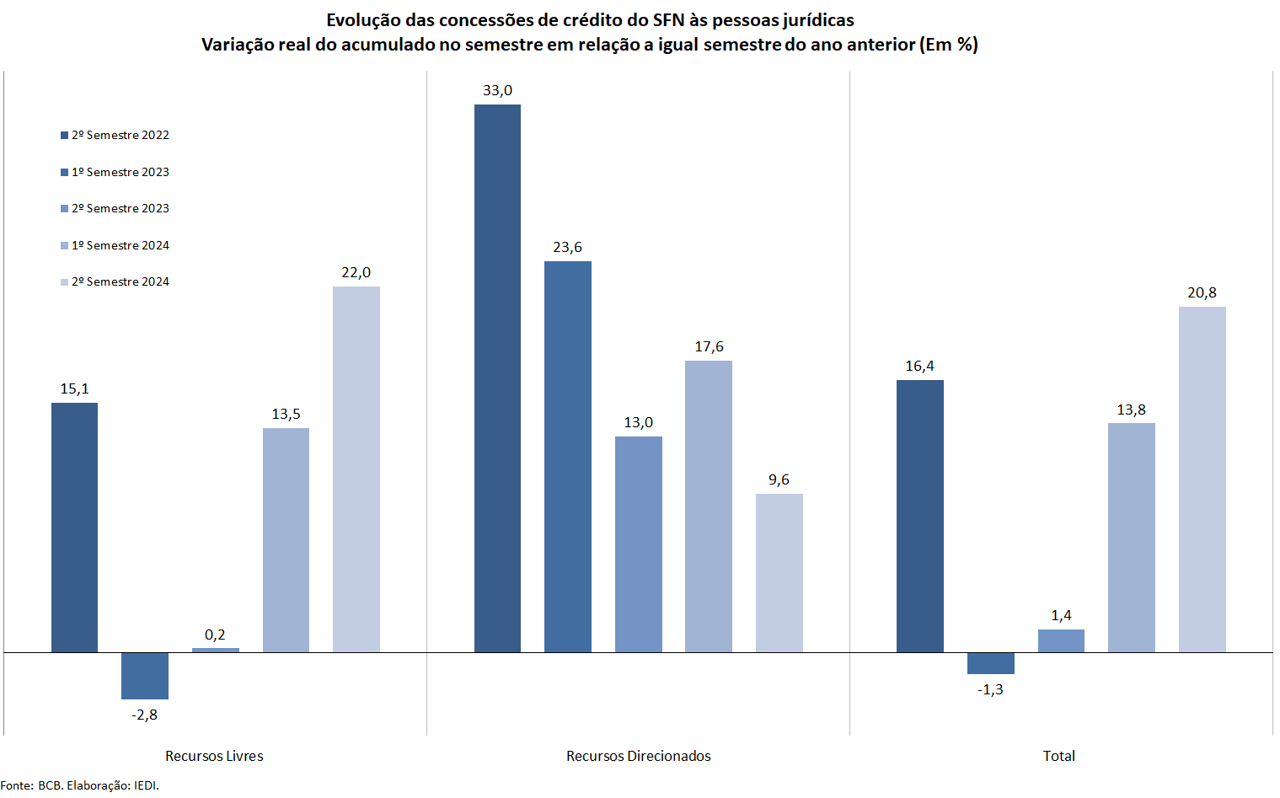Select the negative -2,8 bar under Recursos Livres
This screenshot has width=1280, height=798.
[x=145, y=676]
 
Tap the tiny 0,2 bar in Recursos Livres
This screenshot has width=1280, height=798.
[x=215, y=650]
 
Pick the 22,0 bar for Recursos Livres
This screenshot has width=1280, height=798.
[x=356, y=469]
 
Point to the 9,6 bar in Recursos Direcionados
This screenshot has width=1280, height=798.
[x=779, y=573]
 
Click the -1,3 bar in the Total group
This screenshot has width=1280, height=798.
[x=990, y=663]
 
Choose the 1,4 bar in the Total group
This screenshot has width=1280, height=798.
[x=1061, y=640]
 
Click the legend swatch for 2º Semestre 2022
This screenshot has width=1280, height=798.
[x=64, y=136]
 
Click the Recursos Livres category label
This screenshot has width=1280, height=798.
[x=214, y=756]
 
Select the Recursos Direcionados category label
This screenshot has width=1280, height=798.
[x=638, y=756]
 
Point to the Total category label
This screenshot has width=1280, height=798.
[x=1058, y=756]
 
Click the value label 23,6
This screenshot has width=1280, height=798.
[x=567, y=247]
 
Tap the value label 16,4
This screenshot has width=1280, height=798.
[x=919, y=366]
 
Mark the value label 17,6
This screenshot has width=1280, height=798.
[x=709, y=346]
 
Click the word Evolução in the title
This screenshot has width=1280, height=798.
[x=363, y=20]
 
